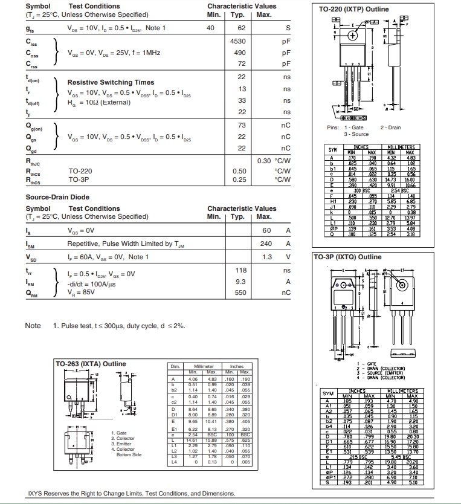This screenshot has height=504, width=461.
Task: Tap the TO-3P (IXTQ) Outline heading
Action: [x=347, y=257]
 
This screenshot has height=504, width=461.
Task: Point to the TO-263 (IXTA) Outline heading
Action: [x=91, y=364]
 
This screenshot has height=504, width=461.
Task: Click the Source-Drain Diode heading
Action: [x=57, y=197]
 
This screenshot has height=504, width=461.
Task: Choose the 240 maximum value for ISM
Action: [x=266, y=244]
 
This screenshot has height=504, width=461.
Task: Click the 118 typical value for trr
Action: [x=240, y=271]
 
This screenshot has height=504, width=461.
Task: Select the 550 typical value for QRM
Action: [x=240, y=292]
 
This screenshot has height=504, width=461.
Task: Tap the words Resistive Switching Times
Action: [x=111, y=82]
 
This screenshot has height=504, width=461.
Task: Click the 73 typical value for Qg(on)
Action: [x=242, y=125]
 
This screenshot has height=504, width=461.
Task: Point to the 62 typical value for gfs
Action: [x=242, y=28]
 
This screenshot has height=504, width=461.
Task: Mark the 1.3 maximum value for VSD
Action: [x=266, y=257]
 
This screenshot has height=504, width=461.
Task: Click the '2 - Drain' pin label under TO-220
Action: [x=390, y=128]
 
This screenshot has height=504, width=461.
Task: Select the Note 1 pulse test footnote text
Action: [x=118, y=326]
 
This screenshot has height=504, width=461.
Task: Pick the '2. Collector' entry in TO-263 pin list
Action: [x=124, y=438]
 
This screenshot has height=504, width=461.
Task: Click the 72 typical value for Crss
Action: [x=242, y=63]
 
